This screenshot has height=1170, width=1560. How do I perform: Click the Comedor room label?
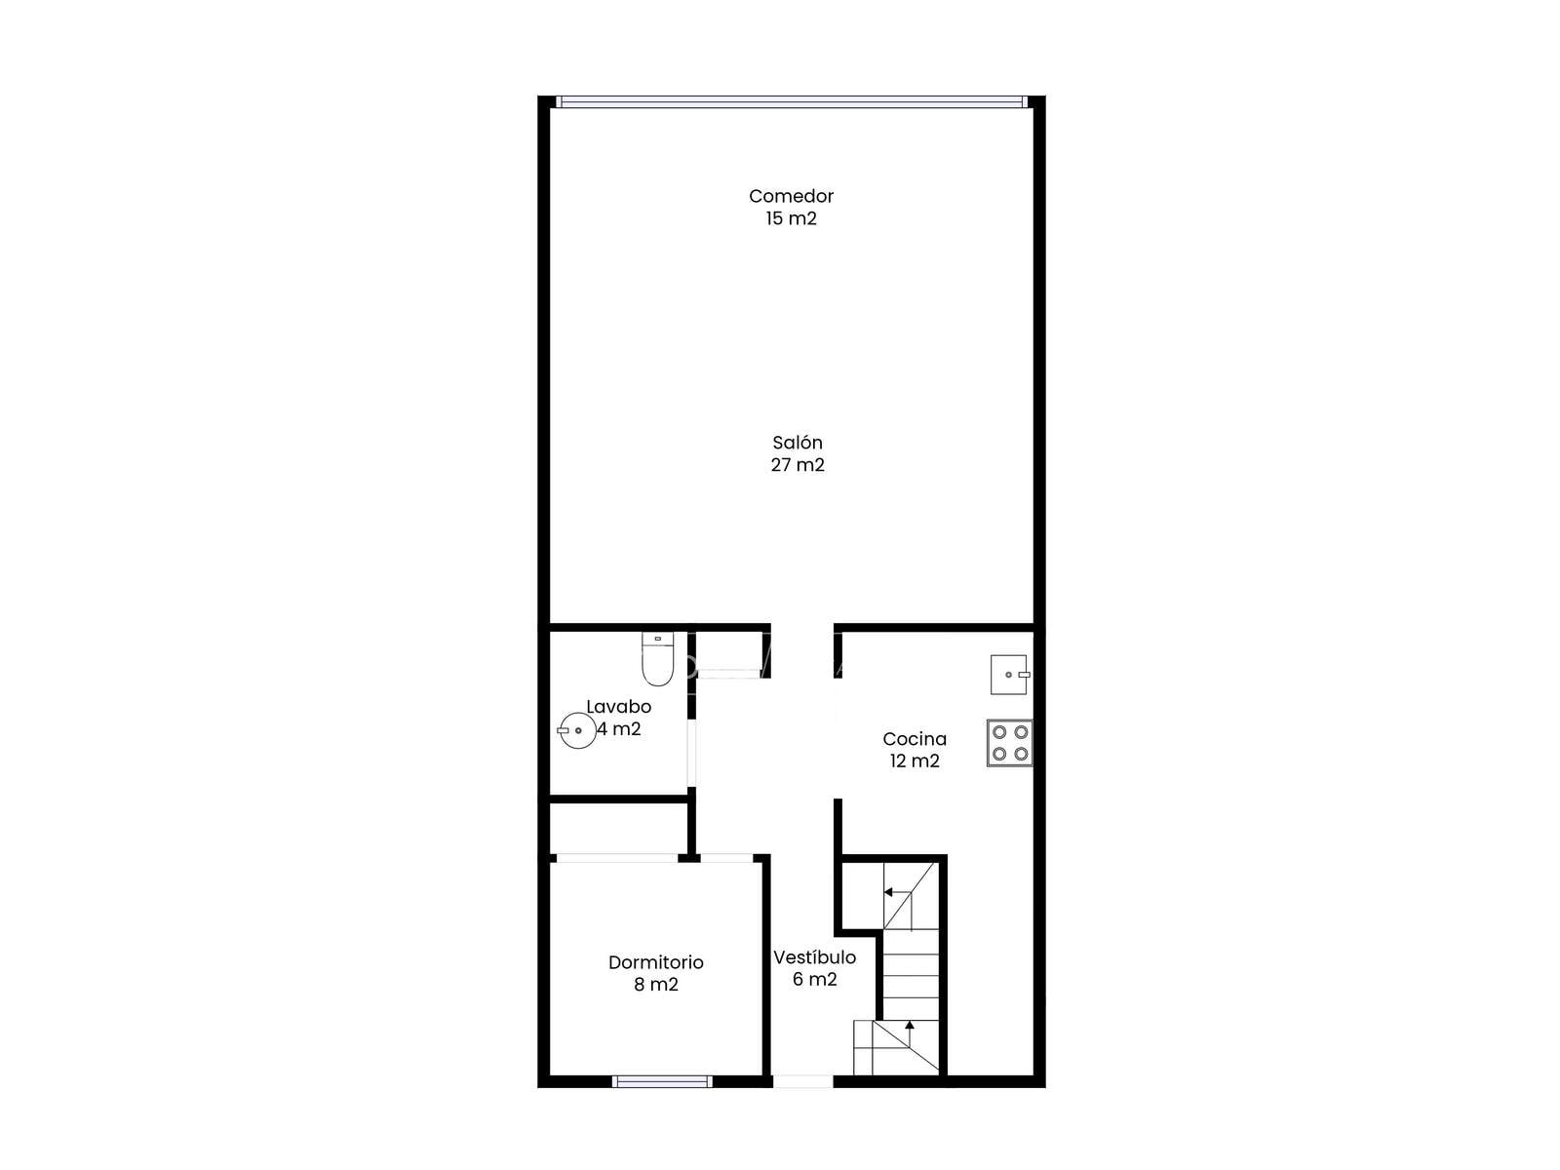791,196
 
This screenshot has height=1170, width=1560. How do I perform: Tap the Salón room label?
798,443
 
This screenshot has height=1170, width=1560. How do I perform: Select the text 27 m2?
798,465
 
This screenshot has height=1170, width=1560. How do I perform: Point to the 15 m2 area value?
791,218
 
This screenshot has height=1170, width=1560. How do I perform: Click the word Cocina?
915,739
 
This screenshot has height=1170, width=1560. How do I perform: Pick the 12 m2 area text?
915,760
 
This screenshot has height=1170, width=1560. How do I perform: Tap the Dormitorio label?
656,962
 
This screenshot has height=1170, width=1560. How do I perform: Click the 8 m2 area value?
656,985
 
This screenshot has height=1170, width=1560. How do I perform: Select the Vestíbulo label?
814,957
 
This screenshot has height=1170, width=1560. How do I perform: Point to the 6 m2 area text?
814,980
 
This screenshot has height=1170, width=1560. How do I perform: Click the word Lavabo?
618,707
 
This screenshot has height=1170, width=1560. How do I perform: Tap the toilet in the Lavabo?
657,659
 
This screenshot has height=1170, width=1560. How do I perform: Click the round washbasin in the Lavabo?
577,730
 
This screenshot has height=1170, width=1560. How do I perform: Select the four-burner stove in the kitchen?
1009,743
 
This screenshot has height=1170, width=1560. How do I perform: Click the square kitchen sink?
1010,674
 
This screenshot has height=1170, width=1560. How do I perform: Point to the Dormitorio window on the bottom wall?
662,1081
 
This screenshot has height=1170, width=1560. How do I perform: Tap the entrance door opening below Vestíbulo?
802,1081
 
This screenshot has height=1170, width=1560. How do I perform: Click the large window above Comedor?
791,101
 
